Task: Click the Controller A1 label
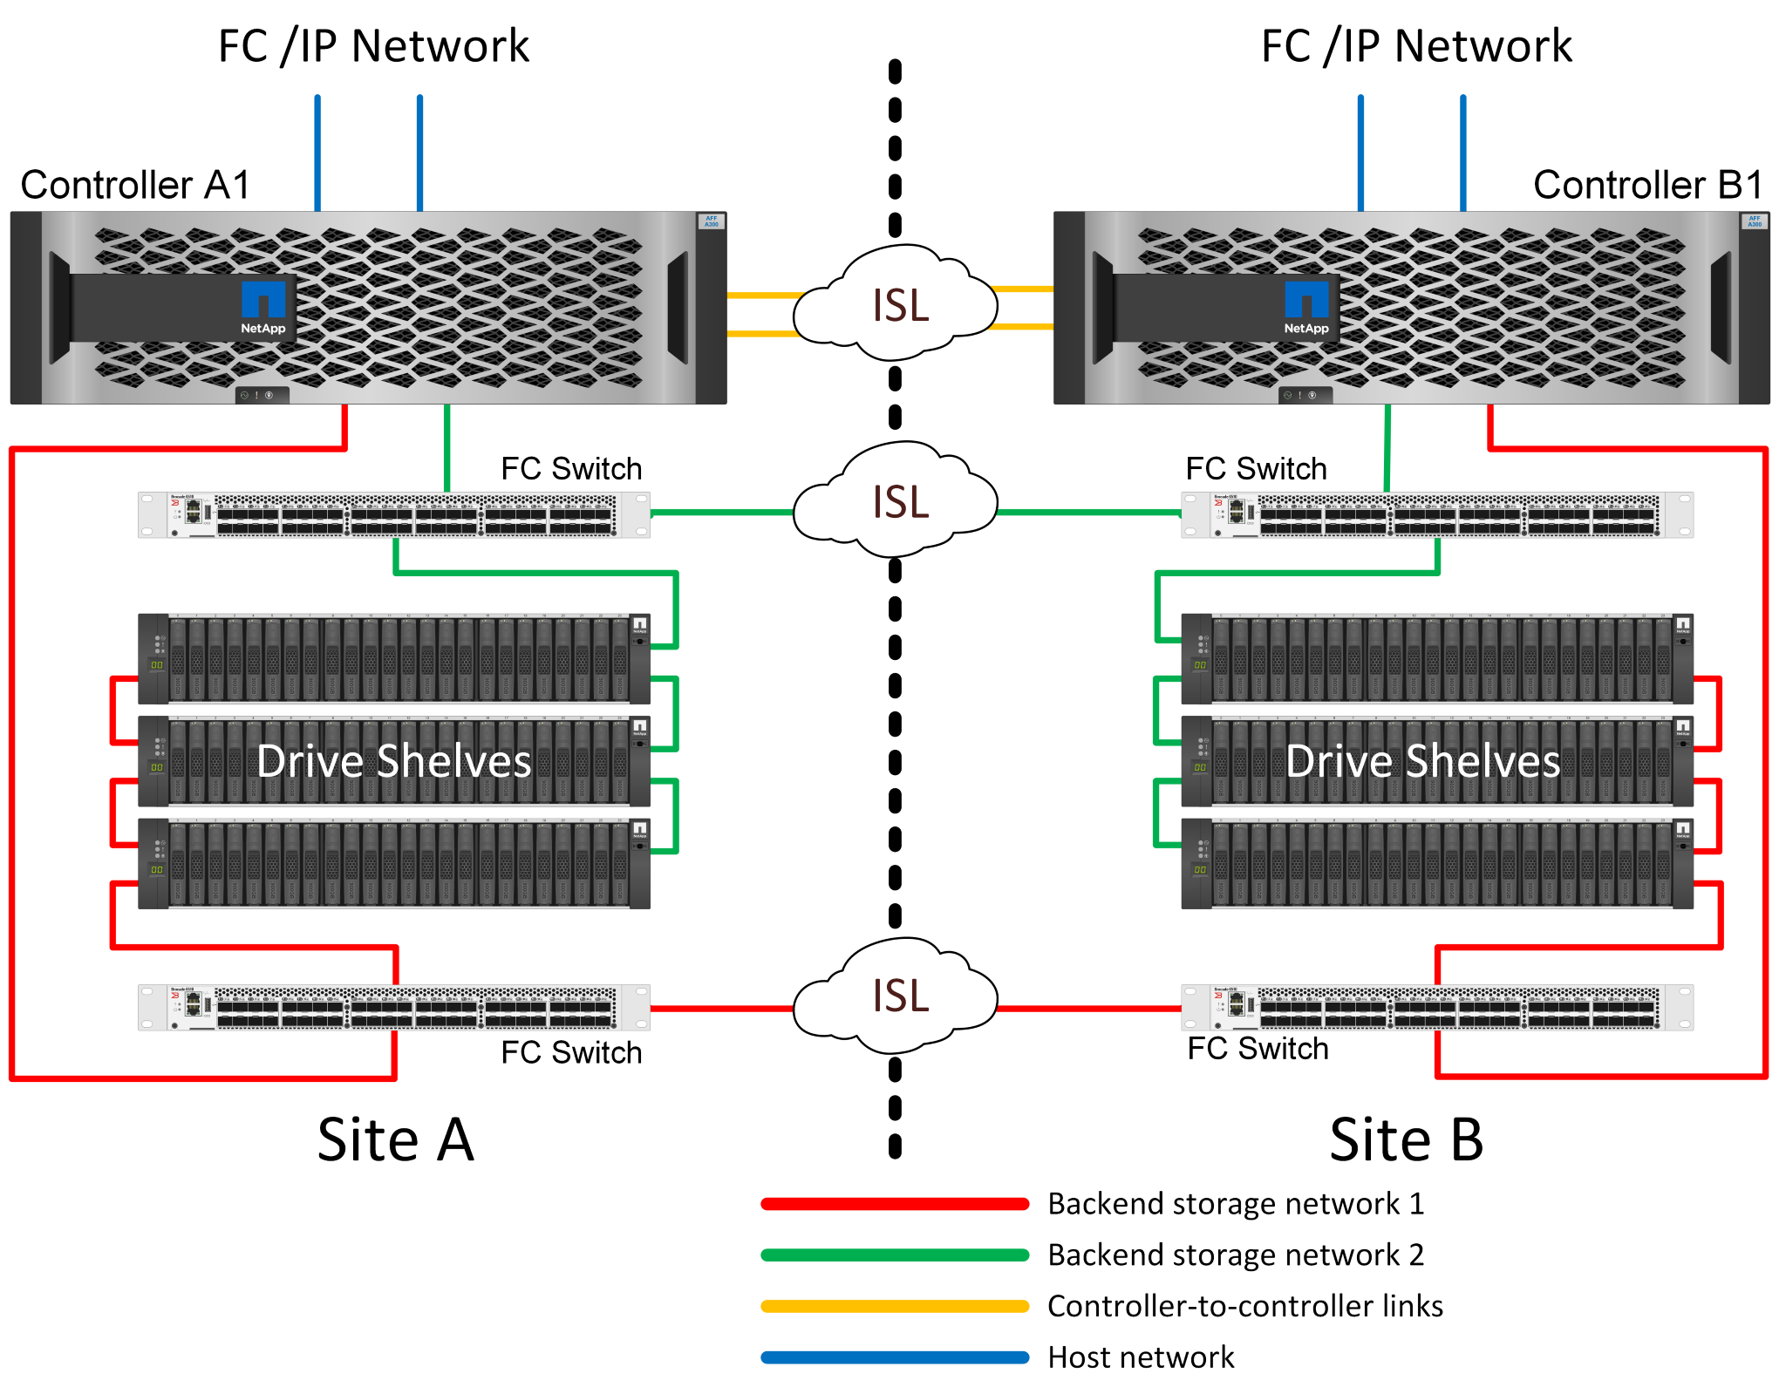pyautogui.click(x=135, y=185)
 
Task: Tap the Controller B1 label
pyautogui.click(x=1647, y=185)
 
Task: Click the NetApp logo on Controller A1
pyautogui.click(x=262, y=307)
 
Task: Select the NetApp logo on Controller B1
pyautogui.click(x=1305, y=307)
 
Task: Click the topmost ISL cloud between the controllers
pyautogui.click(x=898, y=305)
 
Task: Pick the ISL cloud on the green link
pyautogui.click(x=898, y=502)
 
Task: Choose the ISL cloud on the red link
pyautogui.click(x=898, y=996)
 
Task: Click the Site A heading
pyautogui.click(x=395, y=1139)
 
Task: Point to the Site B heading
pyautogui.click(x=1406, y=1139)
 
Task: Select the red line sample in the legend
pyautogui.click(x=895, y=1204)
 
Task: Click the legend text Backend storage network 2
pyautogui.click(x=1236, y=1255)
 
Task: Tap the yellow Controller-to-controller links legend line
pyautogui.click(x=895, y=1306)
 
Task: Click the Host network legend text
pyautogui.click(x=1141, y=1357)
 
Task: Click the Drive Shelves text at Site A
pyautogui.click(x=394, y=761)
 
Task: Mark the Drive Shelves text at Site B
pyautogui.click(x=1422, y=761)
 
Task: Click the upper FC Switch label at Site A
pyautogui.click(x=571, y=469)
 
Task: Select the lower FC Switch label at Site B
pyautogui.click(x=1258, y=1049)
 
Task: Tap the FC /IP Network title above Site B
pyautogui.click(x=1416, y=46)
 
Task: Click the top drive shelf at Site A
pyautogui.click(x=394, y=659)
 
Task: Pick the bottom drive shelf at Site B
pyautogui.click(x=1436, y=864)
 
